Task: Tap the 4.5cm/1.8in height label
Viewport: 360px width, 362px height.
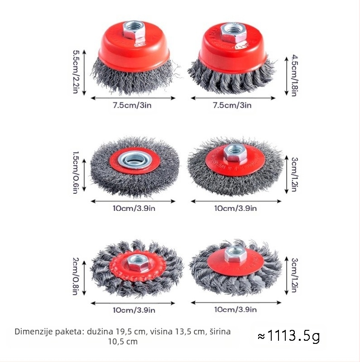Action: coord(295,75)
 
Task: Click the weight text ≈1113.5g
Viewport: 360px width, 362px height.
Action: coord(289,336)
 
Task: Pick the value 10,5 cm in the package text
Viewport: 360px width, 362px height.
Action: coord(123,342)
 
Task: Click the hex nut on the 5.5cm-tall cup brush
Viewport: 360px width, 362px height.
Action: coord(134,32)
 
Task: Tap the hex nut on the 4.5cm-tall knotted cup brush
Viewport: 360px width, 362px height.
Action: coord(233,33)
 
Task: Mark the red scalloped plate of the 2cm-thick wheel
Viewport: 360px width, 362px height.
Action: coord(138,266)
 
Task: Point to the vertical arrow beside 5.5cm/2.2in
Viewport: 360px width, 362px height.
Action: coord(84,72)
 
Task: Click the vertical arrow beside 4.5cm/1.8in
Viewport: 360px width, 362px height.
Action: coord(287,76)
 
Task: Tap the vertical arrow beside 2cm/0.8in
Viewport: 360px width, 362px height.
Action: coord(84,278)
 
